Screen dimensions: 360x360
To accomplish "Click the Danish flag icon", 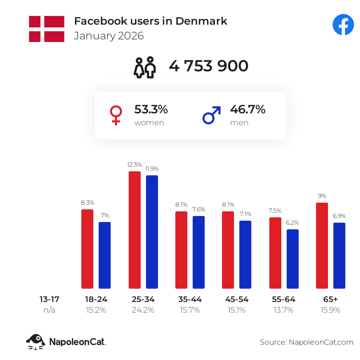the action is coord(46,29).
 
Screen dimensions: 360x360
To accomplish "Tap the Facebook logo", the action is coord(343,25).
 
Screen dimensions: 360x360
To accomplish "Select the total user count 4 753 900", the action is coord(208,66).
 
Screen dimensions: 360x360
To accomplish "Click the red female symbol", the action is coord(116,115).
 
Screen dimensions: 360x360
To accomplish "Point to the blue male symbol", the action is coord(212,115).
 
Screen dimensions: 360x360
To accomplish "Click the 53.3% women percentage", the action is coord(151,109).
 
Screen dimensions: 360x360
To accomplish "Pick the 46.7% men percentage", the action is coord(247,109).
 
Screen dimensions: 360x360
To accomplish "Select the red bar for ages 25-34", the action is coord(135,230).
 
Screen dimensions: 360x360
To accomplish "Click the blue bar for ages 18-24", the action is coord(105,255).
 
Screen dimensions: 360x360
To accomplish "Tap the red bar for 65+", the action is coord(322,245).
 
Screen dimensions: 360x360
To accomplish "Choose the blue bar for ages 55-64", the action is coord(293,259).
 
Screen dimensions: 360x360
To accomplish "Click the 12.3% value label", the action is coord(135,165).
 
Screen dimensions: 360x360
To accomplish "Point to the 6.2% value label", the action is coord(293,222).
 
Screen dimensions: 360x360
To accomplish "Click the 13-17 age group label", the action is coord(49,299).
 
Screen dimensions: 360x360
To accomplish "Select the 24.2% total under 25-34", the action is coord(143,310).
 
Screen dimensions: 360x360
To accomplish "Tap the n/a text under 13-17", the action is coord(49,310).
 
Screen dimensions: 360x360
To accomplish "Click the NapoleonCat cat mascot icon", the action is coord(36,342).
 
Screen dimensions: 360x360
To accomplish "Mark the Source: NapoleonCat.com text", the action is coord(307,342).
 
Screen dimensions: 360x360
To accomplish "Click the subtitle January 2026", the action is coord(109,36).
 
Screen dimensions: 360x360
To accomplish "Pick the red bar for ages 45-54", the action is coord(228,250).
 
